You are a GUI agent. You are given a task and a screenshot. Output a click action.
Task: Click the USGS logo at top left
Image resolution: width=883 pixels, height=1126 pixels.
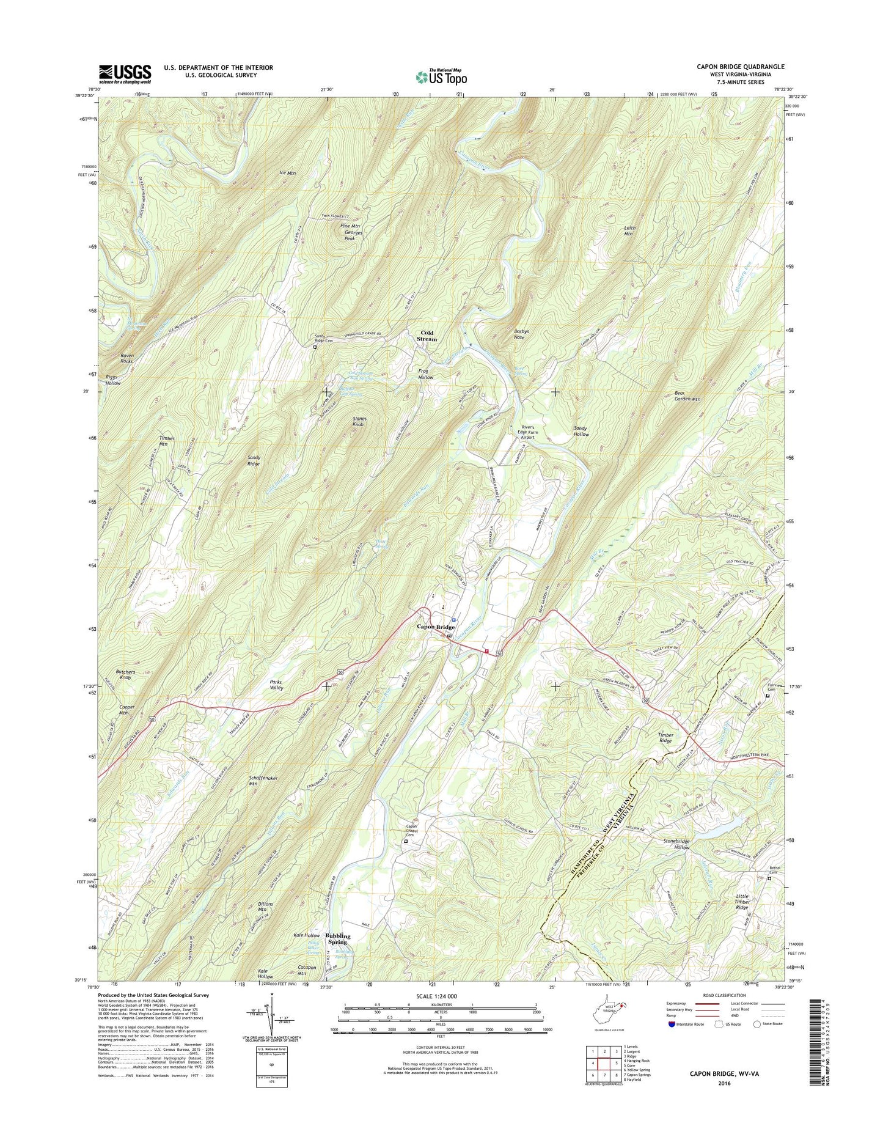click(x=125, y=74)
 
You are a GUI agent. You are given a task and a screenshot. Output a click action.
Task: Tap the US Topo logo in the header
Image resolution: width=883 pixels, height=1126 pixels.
click(x=441, y=76)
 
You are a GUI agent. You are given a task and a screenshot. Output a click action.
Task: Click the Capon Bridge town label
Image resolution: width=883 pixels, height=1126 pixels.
click(x=436, y=627)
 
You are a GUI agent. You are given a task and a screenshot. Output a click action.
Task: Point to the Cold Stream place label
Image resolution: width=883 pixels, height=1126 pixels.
click(x=427, y=336)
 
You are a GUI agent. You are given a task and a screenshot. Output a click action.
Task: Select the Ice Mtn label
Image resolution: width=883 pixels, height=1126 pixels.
click(x=287, y=173)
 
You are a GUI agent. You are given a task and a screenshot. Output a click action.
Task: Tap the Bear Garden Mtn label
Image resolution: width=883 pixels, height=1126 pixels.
click(x=687, y=396)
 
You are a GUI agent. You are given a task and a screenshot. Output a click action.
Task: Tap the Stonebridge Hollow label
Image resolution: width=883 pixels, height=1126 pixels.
click(x=676, y=844)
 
